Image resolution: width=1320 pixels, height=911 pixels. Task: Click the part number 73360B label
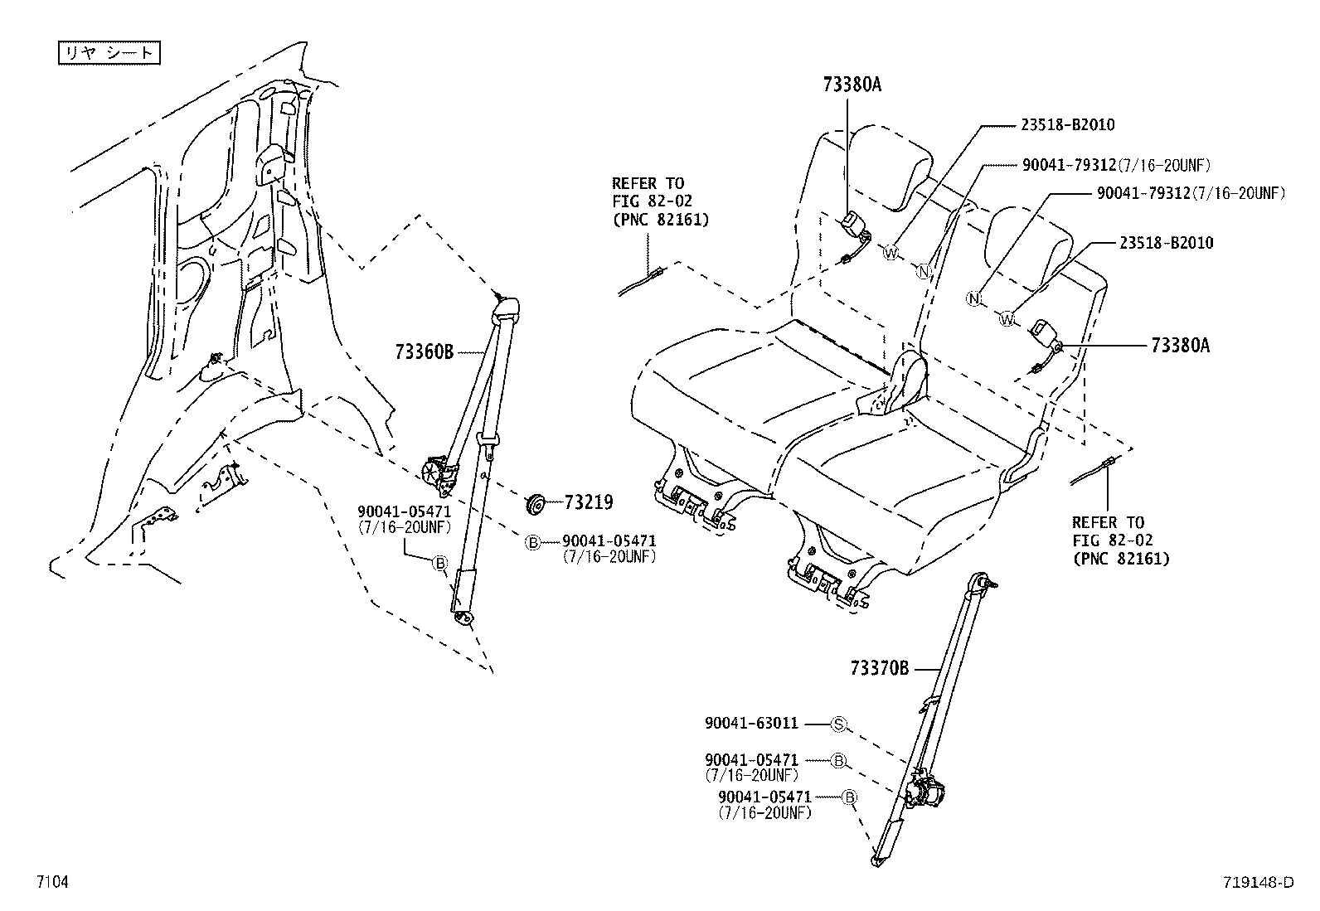pos(424,352)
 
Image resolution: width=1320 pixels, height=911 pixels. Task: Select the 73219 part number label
pos(588,502)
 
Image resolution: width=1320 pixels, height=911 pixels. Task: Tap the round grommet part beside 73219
pos(536,502)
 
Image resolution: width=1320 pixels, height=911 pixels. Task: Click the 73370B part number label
pos(879,668)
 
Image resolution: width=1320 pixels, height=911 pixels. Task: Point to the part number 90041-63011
pos(751,724)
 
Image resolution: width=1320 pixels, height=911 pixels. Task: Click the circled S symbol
pos(838,724)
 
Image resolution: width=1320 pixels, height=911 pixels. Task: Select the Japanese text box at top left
pos(108,53)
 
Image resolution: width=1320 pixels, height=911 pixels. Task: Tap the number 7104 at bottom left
pos(51,883)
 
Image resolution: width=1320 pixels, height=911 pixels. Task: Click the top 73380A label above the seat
pos(852,84)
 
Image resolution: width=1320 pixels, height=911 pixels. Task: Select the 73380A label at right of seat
pos(1180,346)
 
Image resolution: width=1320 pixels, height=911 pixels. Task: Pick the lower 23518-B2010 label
pos(1165,243)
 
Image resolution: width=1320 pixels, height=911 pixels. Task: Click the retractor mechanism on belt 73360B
pos(439,472)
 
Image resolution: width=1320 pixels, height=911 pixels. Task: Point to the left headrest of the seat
pos(891,166)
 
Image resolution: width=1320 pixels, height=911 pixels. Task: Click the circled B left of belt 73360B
pos(440,564)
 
